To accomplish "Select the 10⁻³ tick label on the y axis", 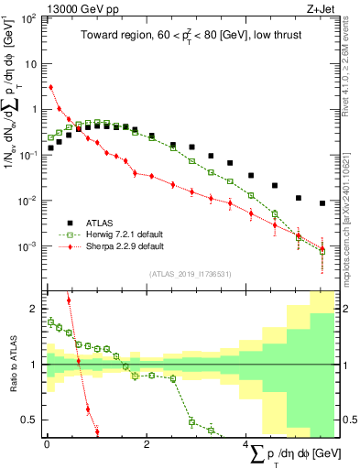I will click(x=28, y=247).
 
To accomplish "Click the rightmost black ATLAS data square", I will click(x=322, y=203).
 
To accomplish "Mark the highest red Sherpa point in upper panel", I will click(x=51, y=87).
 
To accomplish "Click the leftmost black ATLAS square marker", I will click(x=51, y=149).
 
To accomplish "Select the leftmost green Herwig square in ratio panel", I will click(x=51, y=322).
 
